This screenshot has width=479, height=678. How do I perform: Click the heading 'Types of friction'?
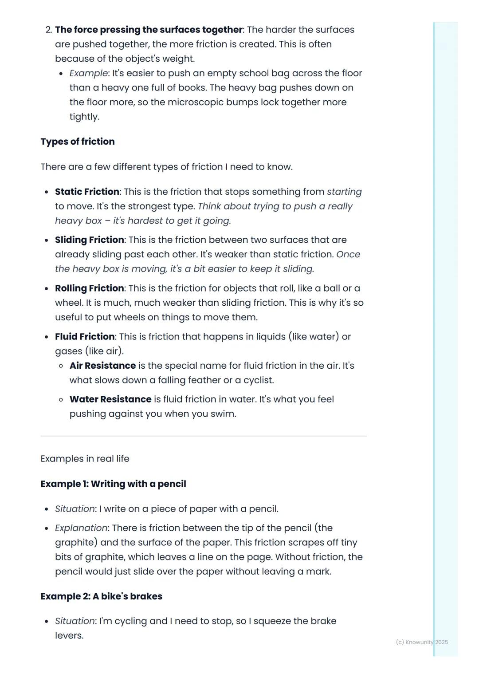click(78, 142)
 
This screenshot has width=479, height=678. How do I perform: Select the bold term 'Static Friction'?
click(87, 192)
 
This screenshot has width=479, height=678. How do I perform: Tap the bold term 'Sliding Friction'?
click(90, 240)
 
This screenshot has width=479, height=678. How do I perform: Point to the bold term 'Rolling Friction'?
click(90, 288)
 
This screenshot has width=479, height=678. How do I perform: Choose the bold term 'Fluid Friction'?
click(85, 337)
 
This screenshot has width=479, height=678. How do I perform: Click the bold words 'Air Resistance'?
click(102, 366)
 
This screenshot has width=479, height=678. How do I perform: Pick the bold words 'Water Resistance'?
click(110, 399)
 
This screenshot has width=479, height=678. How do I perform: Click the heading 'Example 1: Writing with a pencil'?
click(113, 484)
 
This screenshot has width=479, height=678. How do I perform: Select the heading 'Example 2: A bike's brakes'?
click(101, 596)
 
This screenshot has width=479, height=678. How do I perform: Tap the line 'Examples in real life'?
click(85, 459)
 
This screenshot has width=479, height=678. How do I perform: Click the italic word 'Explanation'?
click(81, 528)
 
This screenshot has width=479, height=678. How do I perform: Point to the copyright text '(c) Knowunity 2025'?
click(422, 642)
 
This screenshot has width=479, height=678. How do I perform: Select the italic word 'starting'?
click(344, 192)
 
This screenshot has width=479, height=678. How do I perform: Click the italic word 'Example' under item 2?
click(88, 73)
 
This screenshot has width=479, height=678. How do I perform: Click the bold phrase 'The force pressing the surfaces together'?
click(149, 30)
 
